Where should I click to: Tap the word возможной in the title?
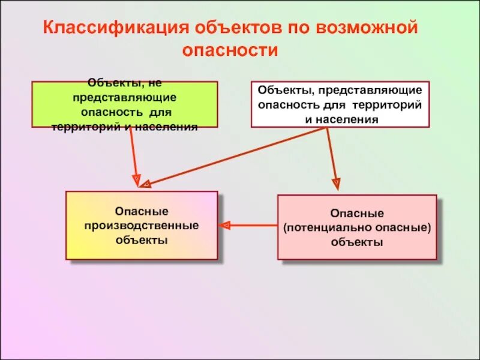click(x=365, y=28)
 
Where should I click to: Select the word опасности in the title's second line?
click(x=230, y=50)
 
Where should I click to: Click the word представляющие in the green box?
click(x=124, y=97)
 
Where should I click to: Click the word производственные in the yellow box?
click(x=142, y=226)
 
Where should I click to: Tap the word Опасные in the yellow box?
click(x=142, y=212)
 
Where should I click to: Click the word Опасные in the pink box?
click(x=357, y=214)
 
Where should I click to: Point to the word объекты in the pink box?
click(x=357, y=243)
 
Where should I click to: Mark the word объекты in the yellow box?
click(x=142, y=239)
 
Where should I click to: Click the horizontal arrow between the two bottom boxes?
click(x=249, y=226)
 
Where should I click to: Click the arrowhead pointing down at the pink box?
click(x=336, y=184)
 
